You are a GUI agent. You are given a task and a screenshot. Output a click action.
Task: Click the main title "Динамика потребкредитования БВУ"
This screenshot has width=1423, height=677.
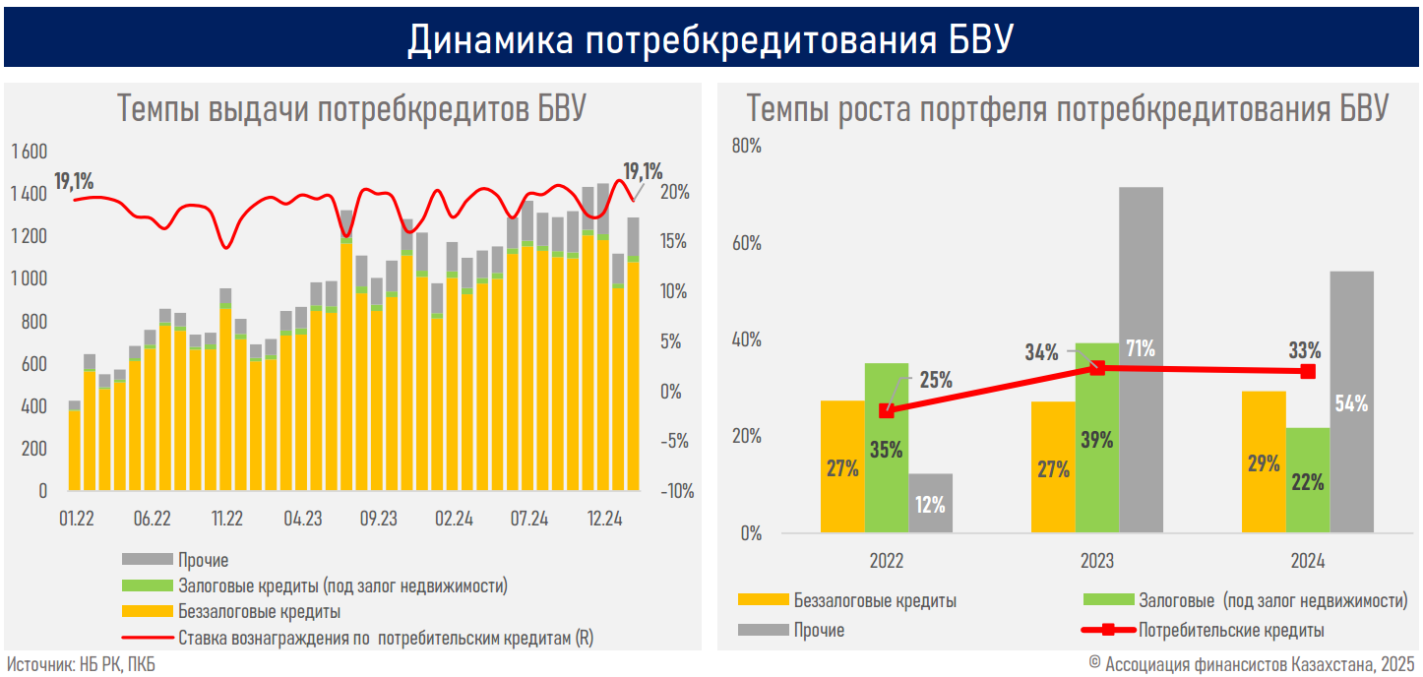coord(711,40)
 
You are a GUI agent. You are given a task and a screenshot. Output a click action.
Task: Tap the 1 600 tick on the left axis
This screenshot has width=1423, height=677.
coord(30,152)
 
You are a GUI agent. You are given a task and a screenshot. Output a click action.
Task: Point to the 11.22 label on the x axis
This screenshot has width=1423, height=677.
coord(227,519)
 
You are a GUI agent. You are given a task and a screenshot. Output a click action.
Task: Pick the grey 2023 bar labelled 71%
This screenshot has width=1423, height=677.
coord(1141,295)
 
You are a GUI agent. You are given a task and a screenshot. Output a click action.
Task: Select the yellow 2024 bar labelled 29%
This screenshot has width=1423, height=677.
coord(1264,462)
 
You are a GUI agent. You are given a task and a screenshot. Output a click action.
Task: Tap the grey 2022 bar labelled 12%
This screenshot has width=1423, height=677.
coord(930,503)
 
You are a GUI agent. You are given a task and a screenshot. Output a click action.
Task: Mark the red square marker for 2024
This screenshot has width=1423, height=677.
coord(1308,371)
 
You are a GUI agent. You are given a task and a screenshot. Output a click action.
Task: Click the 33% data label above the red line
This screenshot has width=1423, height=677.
coord(1305,349)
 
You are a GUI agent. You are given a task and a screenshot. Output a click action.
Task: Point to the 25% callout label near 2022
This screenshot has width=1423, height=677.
coord(935,380)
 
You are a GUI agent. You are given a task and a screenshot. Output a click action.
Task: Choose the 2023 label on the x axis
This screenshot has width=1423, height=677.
coord(1097,562)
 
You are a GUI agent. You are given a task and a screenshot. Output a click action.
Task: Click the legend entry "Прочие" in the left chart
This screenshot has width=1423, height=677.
coord(204,560)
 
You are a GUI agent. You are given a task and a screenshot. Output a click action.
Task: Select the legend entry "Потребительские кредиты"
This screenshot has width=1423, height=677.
coord(1231,630)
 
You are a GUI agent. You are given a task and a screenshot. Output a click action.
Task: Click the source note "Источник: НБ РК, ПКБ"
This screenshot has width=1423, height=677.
coord(81,664)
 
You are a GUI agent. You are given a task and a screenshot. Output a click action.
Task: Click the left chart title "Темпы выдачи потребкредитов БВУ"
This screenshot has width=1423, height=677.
coord(352,109)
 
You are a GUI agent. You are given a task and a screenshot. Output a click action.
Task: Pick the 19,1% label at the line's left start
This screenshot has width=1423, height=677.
coord(74,181)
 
